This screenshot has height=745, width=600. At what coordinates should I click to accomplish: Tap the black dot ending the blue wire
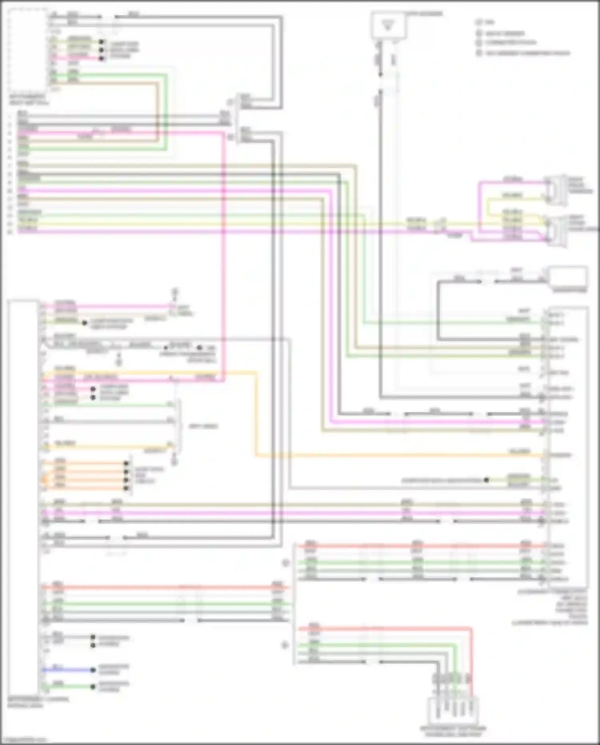coord(93,670)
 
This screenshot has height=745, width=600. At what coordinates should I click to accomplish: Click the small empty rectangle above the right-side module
coord(567,277)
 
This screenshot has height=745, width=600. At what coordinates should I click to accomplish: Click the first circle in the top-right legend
coord(479,22)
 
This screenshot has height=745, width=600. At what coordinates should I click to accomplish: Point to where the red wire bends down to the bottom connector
coord(471,630)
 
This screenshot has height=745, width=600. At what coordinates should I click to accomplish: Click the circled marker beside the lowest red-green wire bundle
coord(285,645)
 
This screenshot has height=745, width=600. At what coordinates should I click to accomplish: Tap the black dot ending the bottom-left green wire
coord(93,687)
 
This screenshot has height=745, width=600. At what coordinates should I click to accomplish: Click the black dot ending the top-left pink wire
coord(102,58)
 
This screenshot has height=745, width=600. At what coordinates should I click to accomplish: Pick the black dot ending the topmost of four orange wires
coord(126,463)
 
